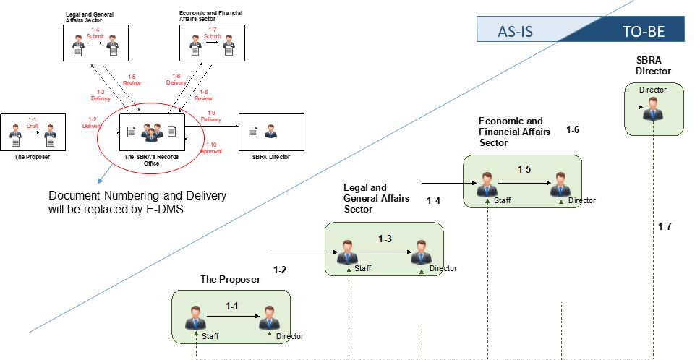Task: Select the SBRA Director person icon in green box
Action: click(654, 111)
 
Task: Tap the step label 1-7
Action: click(665, 227)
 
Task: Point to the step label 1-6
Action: click(573, 130)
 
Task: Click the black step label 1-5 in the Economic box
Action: click(524, 169)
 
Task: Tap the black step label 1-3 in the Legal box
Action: click(385, 238)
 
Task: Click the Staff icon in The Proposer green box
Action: click(195, 319)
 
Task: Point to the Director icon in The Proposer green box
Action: click(268, 319)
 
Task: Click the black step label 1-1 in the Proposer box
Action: click(232, 307)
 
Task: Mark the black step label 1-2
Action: click(281, 270)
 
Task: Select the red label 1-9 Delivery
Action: click(211, 116)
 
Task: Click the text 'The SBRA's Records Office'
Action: click(151, 160)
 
